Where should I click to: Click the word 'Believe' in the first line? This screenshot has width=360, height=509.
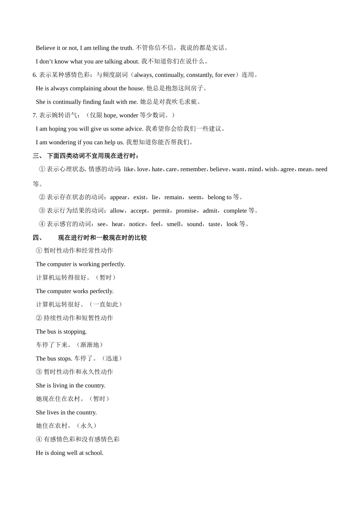pyautogui.click(x=45, y=48)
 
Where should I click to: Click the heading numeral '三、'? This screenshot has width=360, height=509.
pyautogui.click(x=38, y=156)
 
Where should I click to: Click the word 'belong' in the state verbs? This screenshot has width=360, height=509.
pyautogui.click(x=216, y=197)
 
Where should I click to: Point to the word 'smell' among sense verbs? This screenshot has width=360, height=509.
pyautogui.click(x=174, y=224)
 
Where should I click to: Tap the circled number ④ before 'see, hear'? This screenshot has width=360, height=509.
pyautogui.click(x=42, y=224)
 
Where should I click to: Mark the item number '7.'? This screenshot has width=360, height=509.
pyautogui.click(x=35, y=115)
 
